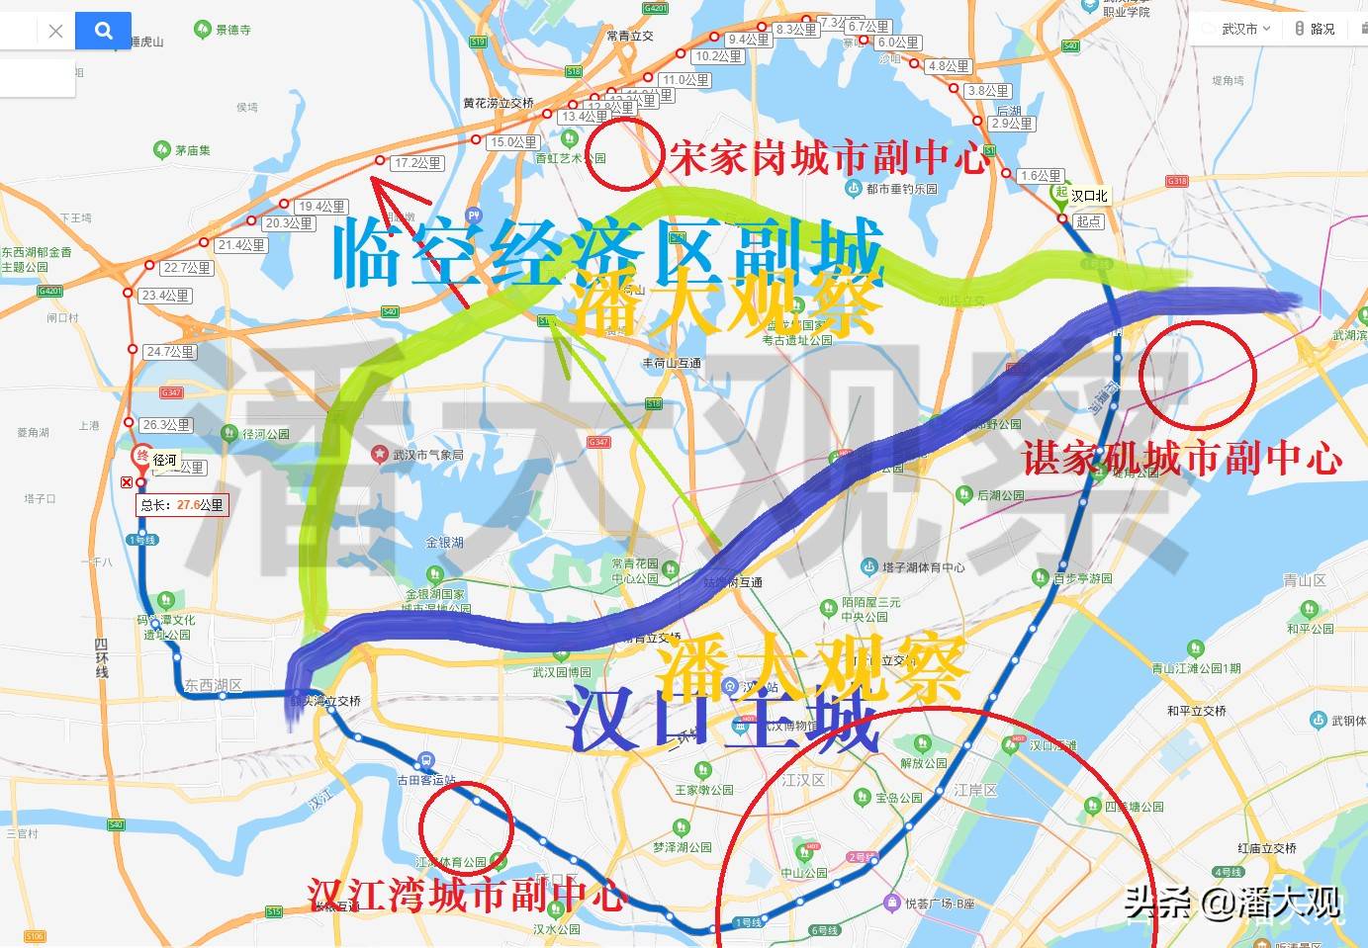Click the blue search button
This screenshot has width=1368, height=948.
click(x=103, y=31)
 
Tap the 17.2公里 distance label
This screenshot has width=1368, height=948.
click(x=417, y=163)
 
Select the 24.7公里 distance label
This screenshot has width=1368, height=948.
click(x=170, y=351)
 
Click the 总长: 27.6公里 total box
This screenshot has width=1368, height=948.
click(x=182, y=505)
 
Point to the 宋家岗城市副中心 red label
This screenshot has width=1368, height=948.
click(x=829, y=157)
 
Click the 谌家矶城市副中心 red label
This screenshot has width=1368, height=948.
click(x=1182, y=458)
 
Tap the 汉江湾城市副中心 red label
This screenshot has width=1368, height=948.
click(x=466, y=895)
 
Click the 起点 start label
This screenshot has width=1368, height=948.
click(x=1088, y=221)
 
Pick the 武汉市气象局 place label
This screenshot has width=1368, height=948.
click(x=427, y=455)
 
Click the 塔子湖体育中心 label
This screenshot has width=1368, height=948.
click(x=923, y=567)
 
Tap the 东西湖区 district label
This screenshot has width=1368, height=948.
click(x=213, y=685)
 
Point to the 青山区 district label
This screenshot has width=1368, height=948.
click(x=1304, y=580)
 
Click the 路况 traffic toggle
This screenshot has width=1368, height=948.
click(x=1316, y=29)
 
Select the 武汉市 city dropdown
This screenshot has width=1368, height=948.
click(x=1244, y=29)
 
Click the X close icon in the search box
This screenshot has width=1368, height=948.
click(x=55, y=31)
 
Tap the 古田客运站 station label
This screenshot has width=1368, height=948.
click(x=426, y=780)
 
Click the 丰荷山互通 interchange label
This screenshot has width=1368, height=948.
click(x=672, y=364)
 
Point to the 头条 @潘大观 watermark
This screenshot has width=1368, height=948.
click(x=1231, y=902)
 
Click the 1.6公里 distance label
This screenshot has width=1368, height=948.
click(x=1041, y=176)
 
